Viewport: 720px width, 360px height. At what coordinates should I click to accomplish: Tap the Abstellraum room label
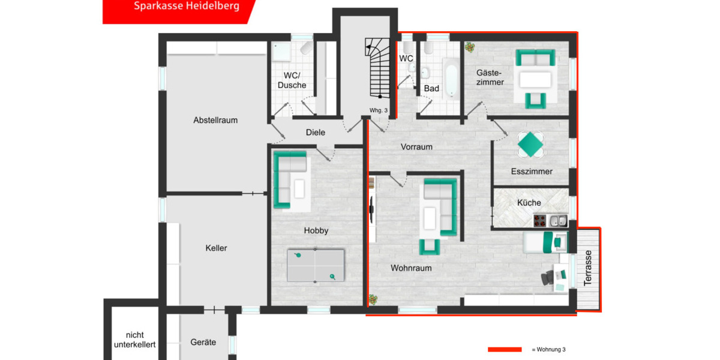pyautogui.click(x=215, y=120)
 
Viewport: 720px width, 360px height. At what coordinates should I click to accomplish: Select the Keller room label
pyautogui.click(x=216, y=248)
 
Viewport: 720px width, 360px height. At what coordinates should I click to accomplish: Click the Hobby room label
pyautogui.click(x=316, y=230)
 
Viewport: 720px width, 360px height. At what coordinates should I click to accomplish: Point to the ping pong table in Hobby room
pyautogui.click(x=316, y=265)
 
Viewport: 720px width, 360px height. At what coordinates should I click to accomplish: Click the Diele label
pyautogui.click(x=316, y=133)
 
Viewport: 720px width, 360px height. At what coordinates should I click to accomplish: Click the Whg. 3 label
pyautogui.click(x=379, y=110)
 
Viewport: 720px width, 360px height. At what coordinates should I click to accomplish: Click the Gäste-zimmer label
pyautogui.click(x=490, y=77)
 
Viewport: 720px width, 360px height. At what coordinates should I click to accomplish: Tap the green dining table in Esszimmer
pyautogui.click(x=531, y=144)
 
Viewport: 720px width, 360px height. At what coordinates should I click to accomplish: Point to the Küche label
pyautogui.click(x=529, y=203)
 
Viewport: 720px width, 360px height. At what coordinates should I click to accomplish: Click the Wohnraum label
pyautogui.click(x=411, y=268)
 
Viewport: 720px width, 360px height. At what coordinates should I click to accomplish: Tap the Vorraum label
pyautogui.click(x=416, y=147)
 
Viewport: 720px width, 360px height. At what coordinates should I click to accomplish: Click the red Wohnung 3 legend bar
pyautogui.click(x=505, y=349)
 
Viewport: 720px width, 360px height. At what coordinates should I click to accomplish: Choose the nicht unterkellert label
pyautogui.click(x=135, y=340)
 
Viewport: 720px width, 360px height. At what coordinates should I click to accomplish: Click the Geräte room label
pyautogui.click(x=203, y=343)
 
